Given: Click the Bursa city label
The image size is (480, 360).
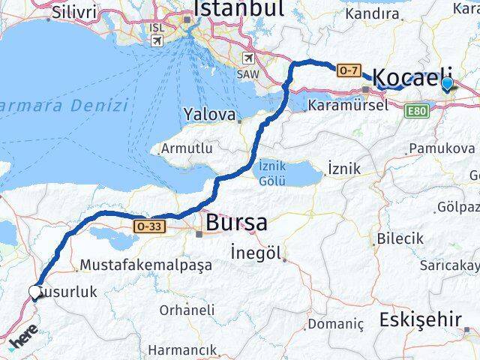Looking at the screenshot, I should [235, 223].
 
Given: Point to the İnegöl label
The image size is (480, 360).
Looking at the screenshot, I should [255, 253].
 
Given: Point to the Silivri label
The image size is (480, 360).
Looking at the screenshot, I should [72, 13].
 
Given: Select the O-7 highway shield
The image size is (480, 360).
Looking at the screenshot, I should [348, 70].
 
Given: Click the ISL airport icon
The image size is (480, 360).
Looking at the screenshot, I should [156, 40].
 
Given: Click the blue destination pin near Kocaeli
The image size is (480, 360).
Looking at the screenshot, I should [448, 84].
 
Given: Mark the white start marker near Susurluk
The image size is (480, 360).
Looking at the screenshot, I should [34, 292].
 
